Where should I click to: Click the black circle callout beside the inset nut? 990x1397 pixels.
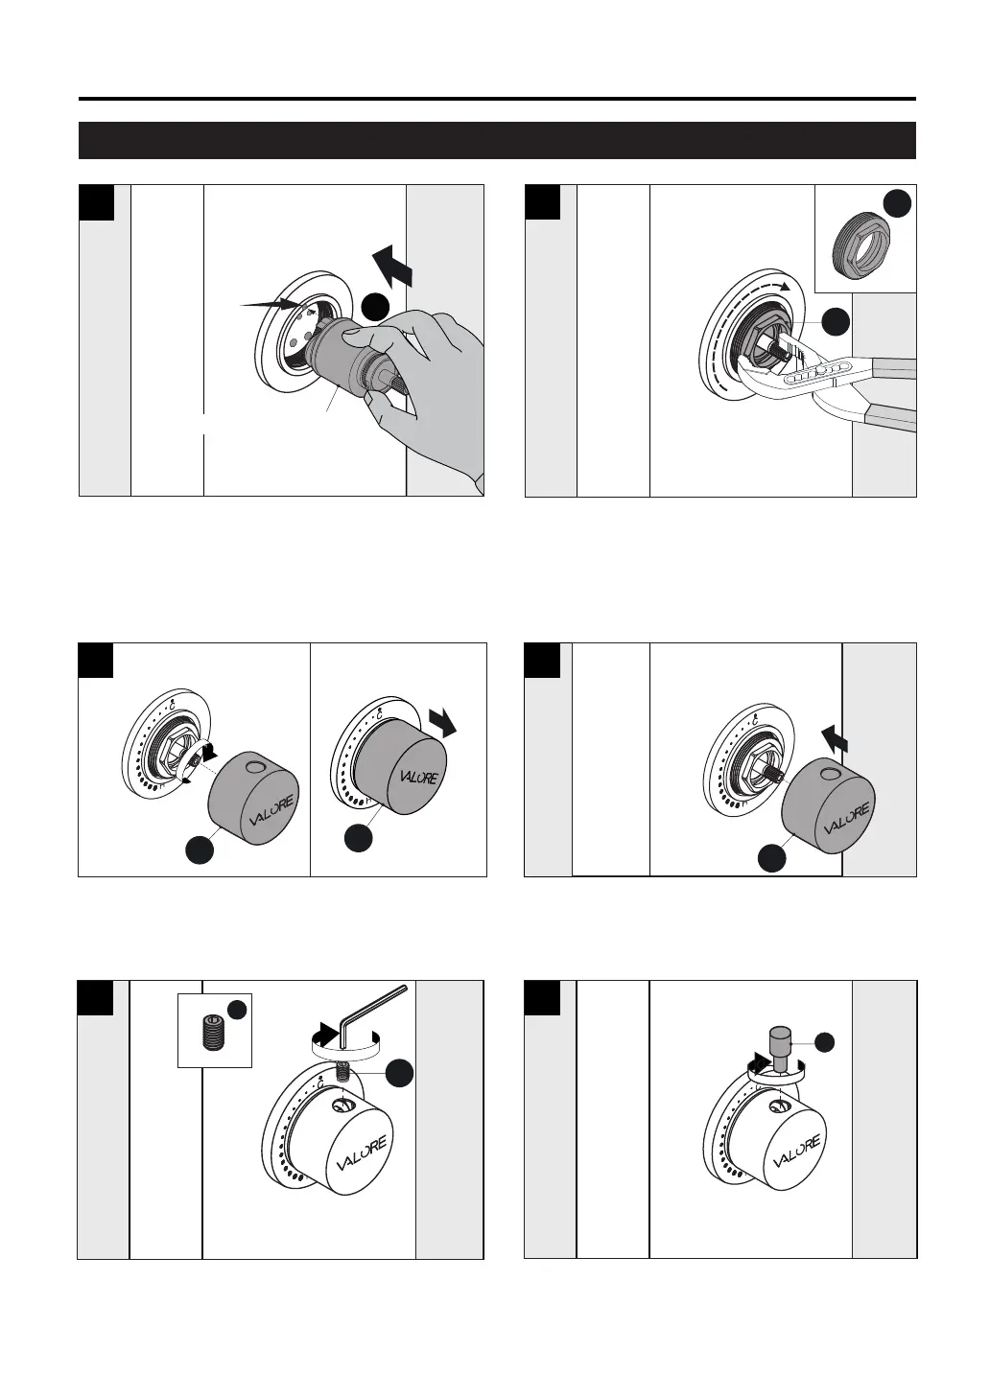[896, 204]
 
